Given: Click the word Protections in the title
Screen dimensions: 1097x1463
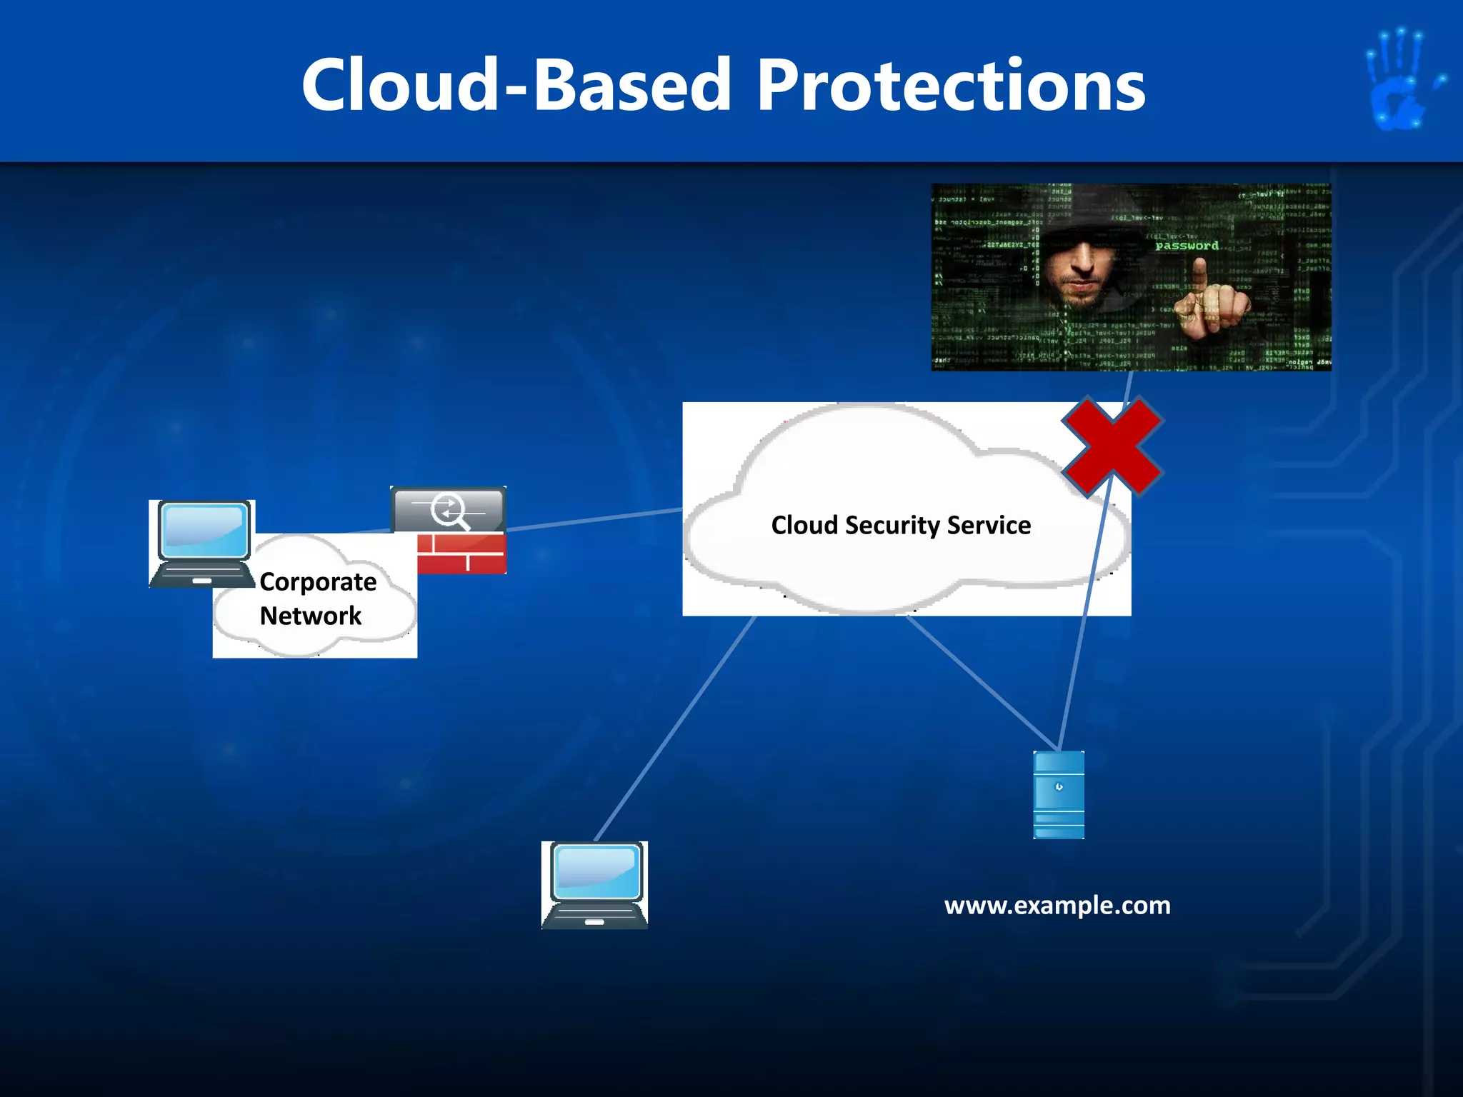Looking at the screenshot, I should click(x=951, y=86).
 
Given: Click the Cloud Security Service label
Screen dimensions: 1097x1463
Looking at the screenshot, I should click(x=901, y=526).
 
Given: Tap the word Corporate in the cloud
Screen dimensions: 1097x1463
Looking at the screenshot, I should click(x=318, y=582).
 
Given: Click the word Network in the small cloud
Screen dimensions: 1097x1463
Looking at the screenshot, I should click(x=310, y=616).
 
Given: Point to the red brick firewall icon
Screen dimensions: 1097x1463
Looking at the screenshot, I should click(x=461, y=553).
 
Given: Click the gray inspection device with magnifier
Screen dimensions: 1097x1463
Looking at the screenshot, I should click(x=449, y=510).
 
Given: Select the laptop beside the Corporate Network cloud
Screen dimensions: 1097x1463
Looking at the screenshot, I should click(x=202, y=544).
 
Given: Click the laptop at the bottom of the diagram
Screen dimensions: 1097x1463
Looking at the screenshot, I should click(x=594, y=885).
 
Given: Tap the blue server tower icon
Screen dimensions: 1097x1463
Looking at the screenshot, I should click(x=1059, y=794).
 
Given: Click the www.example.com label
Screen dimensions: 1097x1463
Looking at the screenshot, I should click(x=1057, y=906).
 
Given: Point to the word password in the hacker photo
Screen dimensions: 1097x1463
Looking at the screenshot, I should click(x=1187, y=246).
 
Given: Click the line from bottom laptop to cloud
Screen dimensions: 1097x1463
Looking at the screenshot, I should click(x=674, y=728).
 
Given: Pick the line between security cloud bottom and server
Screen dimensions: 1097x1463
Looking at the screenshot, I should click(x=982, y=682).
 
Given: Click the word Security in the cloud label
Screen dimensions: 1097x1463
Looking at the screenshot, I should click(x=892, y=526).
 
